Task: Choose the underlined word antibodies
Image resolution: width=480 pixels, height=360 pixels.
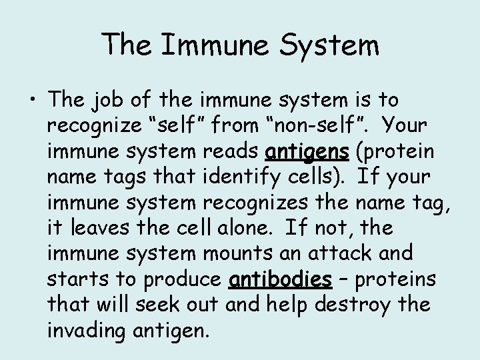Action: [280, 279]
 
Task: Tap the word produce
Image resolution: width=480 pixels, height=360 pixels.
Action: [183, 279]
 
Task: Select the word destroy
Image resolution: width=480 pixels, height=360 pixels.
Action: [367, 304]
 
